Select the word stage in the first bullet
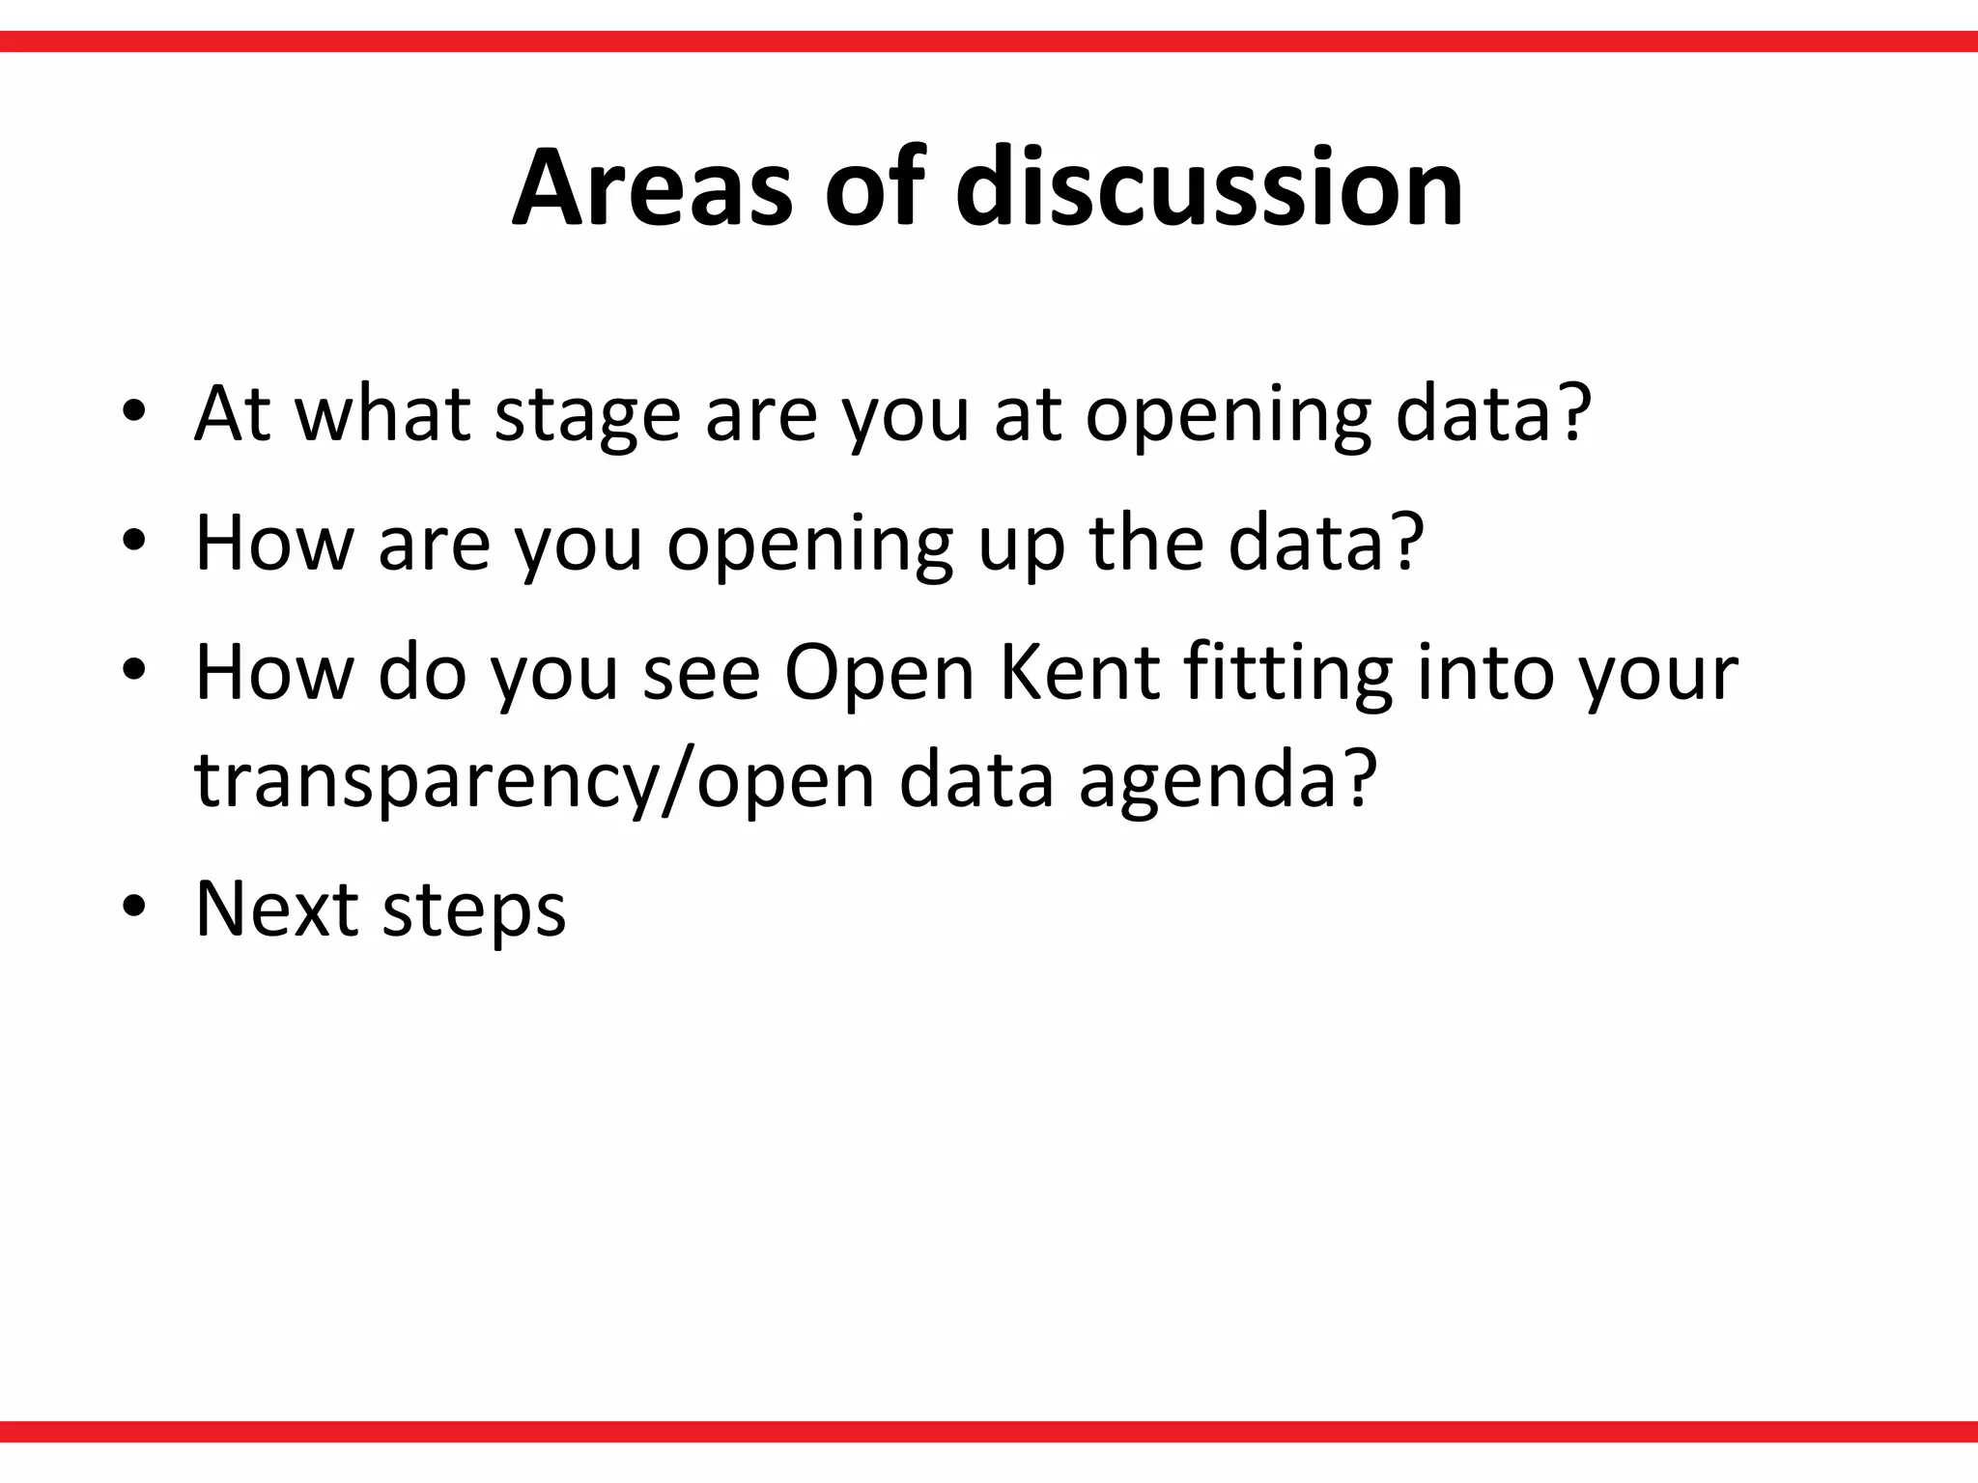pos(587,415)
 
